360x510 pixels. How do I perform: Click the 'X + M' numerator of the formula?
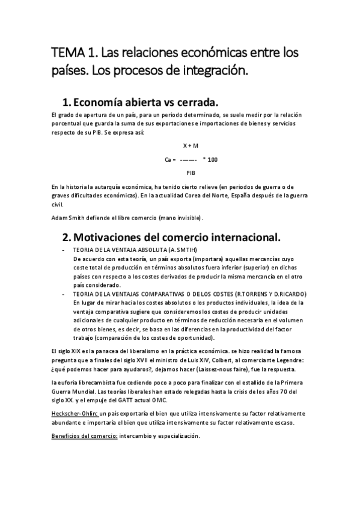(191, 146)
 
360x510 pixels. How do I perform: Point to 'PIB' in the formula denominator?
(191, 172)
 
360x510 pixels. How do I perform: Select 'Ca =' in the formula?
(170, 159)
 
